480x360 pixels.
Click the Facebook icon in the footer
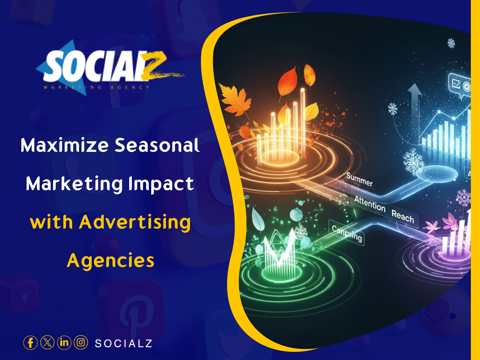(30, 343)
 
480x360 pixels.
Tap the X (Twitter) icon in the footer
(47, 343)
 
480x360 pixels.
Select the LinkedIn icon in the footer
(64, 343)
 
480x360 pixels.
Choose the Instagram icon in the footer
(81, 343)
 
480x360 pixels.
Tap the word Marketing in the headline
(74, 184)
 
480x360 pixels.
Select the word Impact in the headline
(161, 184)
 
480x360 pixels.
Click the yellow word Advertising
(135, 222)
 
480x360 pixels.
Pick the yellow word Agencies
(110, 260)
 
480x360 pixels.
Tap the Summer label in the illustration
(359, 179)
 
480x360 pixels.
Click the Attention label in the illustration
(370, 203)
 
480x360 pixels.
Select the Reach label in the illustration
(403, 216)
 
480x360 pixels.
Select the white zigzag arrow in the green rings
(279, 247)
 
